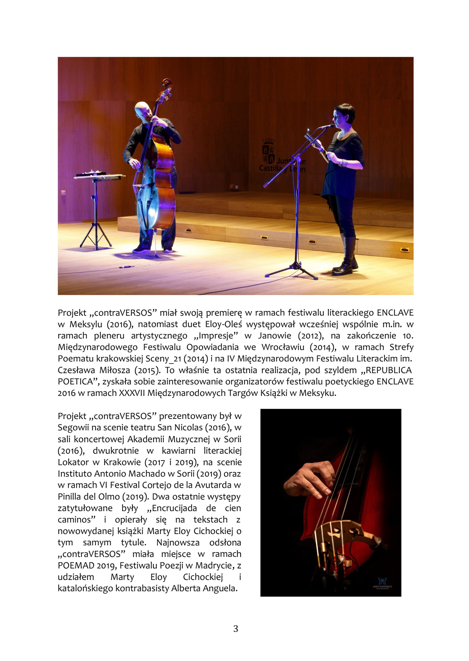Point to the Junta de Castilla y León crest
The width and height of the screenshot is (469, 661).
click(268, 151)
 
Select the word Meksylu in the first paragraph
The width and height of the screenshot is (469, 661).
click(86, 325)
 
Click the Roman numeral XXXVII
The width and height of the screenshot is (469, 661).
click(132, 393)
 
